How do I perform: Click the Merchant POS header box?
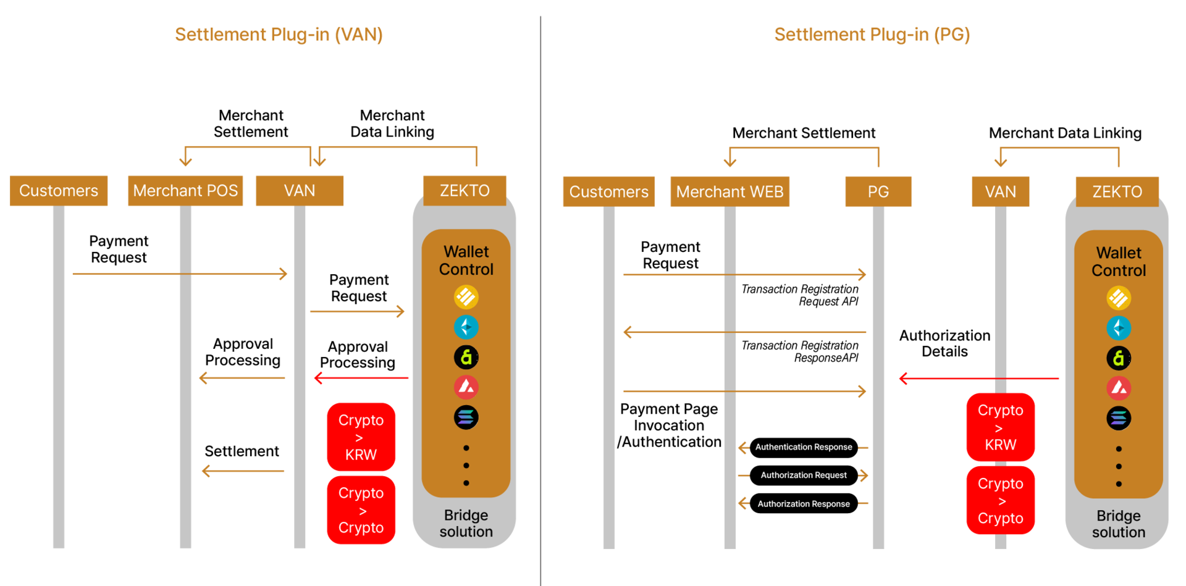click(x=185, y=191)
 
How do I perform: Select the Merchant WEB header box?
click(x=730, y=192)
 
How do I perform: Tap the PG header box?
click(x=878, y=192)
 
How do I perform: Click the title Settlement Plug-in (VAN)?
click(x=279, y=35)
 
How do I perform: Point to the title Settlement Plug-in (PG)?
click(x=872, y=35)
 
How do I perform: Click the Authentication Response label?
click(x=803, y=447)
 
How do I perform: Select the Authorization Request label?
click(x=803, y=475)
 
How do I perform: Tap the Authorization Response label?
click(x=803, y=504)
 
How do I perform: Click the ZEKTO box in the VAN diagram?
click(x=465, y=191)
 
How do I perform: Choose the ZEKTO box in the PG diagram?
click(x=1117, y=192)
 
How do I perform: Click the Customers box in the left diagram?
click(x=59, y=191)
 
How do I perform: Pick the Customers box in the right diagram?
click(x=608, y=192)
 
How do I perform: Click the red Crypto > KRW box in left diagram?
click(x=361, y=437)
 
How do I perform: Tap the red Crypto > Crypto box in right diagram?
click(x=1000, y=501)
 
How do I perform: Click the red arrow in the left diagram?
click(x=361, y=377)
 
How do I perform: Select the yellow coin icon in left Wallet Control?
click(x=466, y=297)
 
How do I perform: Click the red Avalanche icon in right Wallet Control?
click(x=1119, y=388)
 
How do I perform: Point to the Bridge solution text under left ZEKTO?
click(x=466, y=523)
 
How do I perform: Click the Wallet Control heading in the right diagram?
click(x=1119, y=262)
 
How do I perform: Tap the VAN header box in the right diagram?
click(x=1000, y=192)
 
